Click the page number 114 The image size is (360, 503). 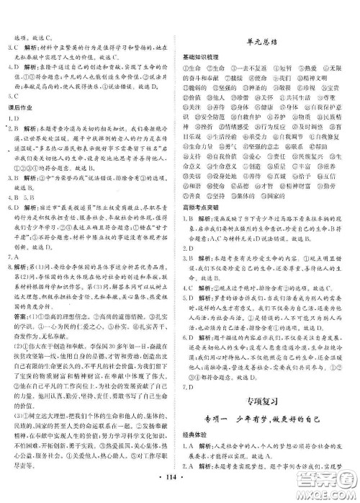tap(180, 490)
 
